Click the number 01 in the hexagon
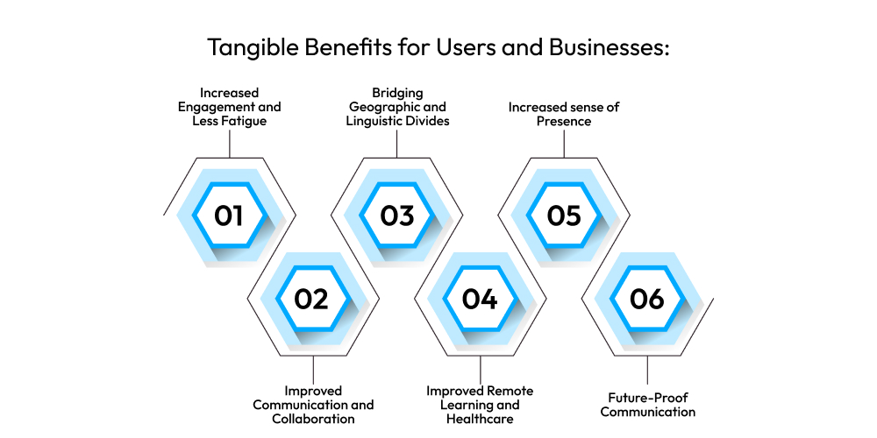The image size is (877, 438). (229, 215)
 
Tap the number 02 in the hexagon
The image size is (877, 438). (312, 299)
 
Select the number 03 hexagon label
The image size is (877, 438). (396, 215)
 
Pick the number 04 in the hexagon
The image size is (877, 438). (480, 299)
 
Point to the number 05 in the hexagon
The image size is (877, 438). (564, 215)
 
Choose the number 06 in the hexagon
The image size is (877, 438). (647, 299)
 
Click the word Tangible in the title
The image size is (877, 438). (253, 47)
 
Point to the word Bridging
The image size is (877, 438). (397, 92)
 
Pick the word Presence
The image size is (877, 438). (564, 121)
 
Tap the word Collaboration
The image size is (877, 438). (313, 419)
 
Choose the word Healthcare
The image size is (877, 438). (480, 419)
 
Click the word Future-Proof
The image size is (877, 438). (648, 398)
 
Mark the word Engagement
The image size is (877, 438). (210, 107)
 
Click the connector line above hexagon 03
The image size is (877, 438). (396, 144)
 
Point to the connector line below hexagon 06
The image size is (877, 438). (648, 370)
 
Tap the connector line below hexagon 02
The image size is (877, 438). (313, 370)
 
